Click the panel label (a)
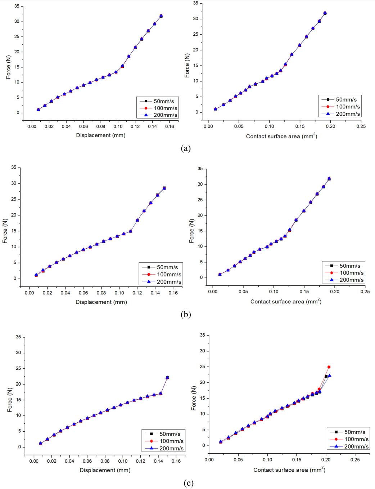pos(185,148)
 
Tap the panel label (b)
pos(185,314)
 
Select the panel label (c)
pos(188,483)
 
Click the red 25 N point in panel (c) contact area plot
pos(329,367)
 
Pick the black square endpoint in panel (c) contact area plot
pos(326,376)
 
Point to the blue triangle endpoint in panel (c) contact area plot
pos(329,375)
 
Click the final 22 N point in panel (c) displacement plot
pos(167,378)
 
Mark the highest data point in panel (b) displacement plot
pos(164,188)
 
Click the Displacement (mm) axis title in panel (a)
pos(101,135)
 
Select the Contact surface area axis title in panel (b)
pos(286,302)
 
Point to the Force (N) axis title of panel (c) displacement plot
pos(10,400)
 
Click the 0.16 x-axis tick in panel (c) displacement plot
pos(176,461)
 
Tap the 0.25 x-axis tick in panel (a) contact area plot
pos(361,126)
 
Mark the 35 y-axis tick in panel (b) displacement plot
pos(14,168)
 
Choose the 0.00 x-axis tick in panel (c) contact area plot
pos(209,460)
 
